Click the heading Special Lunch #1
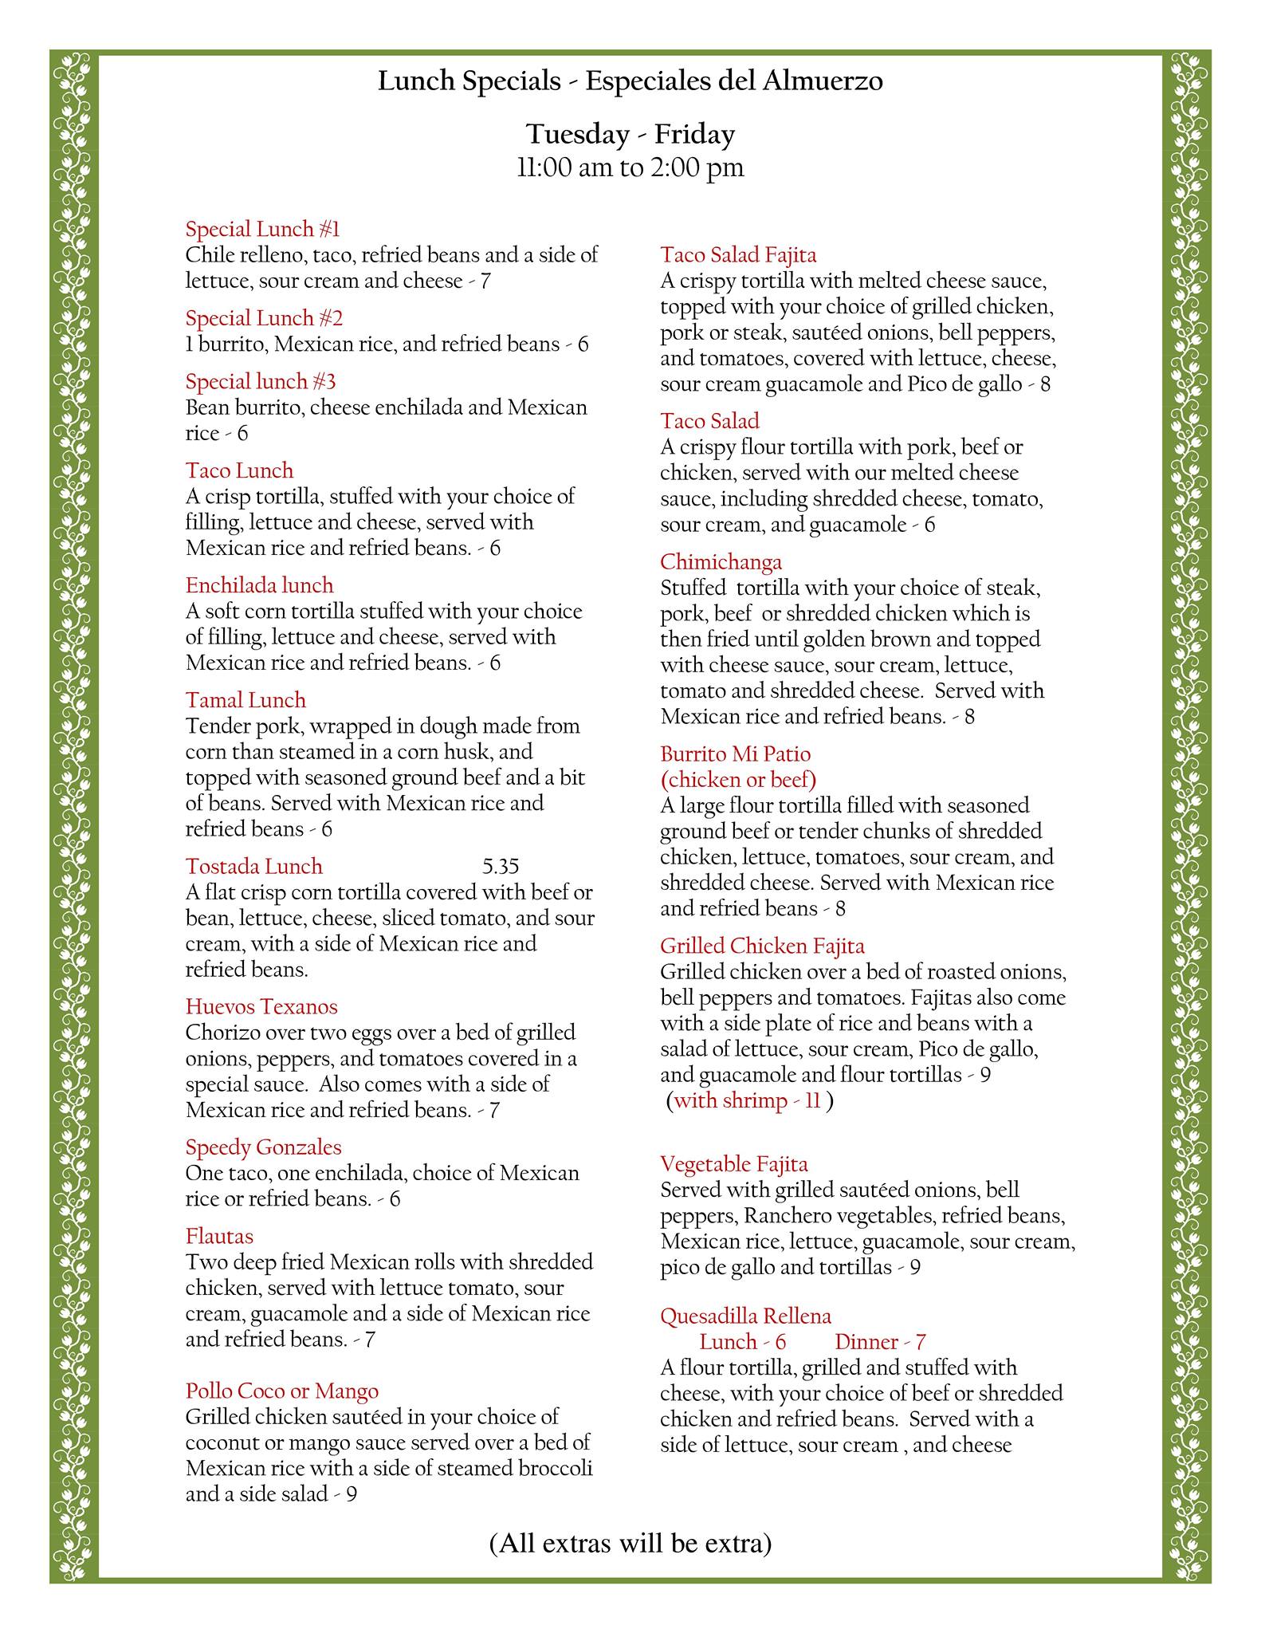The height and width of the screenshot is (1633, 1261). point(262,230)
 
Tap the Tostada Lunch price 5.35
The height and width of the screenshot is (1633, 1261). point(501,866)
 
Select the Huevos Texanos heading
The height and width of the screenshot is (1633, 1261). point(261,1007)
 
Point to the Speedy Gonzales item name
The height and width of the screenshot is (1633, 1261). point(263,1147)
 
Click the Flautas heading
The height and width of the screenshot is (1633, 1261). point(219,1237)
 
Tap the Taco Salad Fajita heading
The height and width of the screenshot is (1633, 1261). point(738,255)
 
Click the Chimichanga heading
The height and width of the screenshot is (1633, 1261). point(721,562)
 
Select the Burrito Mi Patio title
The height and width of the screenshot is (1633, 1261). point(735,754)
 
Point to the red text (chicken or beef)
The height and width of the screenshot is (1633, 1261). point(738,779)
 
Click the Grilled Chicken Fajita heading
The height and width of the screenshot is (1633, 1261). point(762,946)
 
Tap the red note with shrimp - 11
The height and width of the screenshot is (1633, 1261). point(747,1101)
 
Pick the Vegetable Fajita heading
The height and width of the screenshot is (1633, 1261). point(734,1164)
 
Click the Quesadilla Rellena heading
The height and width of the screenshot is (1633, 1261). point(745,1316)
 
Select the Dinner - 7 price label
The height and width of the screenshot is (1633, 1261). point(880,1342)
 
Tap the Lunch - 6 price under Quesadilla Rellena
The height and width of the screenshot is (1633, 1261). point(742,1342)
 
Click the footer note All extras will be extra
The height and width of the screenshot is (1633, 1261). point(630,1544)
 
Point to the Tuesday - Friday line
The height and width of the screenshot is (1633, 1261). point(630,134)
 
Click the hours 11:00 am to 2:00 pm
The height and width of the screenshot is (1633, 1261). point(630,167)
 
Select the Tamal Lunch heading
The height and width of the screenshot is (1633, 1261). point(246,700)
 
